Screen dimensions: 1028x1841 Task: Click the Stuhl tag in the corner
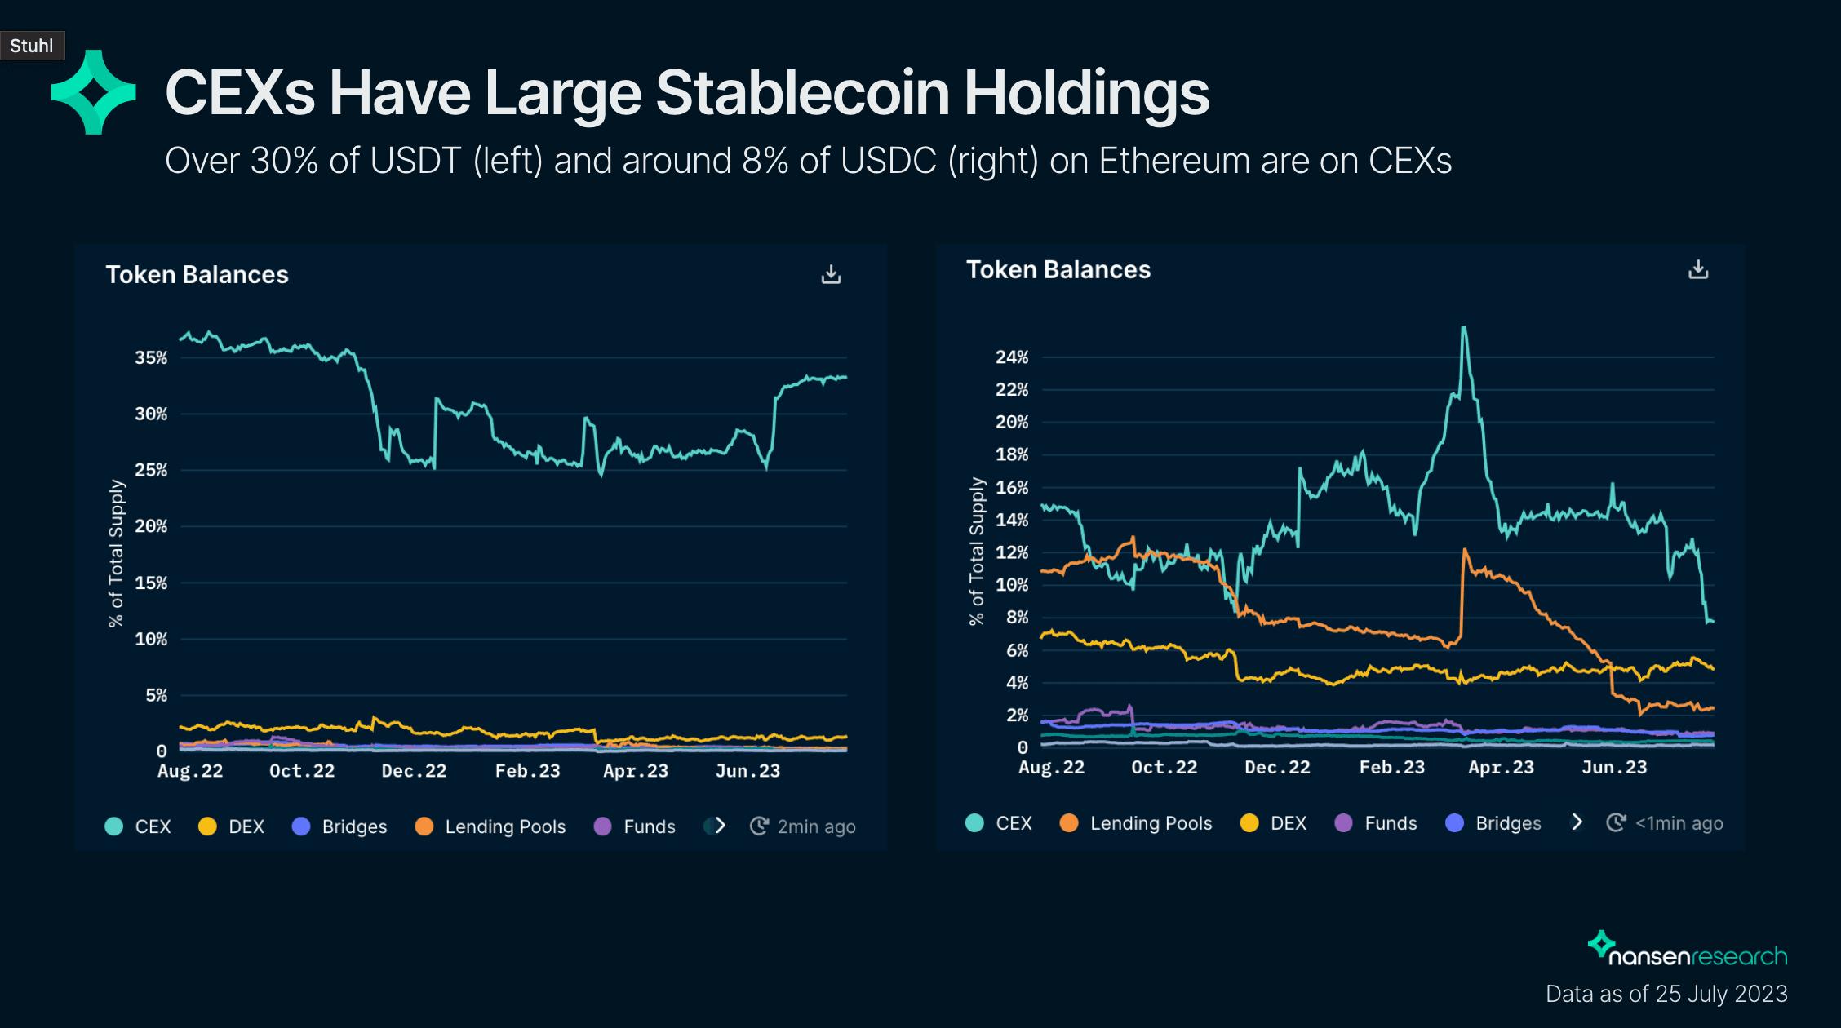click(32, 46)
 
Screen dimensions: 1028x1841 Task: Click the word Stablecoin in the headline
click(802, 93)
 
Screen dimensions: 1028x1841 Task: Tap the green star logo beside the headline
click(93, 92)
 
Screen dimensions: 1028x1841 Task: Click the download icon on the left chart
click(831, 274)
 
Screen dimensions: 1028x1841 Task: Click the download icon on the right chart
click(1698, 269)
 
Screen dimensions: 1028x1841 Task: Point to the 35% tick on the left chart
click(151, 357)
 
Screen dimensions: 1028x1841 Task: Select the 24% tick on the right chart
click(1012, 357)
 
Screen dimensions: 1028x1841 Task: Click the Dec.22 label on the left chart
click(414, 771)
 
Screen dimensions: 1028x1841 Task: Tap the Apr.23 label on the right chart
click(1501, 767)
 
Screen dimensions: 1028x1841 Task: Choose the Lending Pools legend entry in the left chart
click(490, 826)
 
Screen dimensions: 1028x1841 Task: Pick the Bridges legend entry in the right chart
click(1493, 823)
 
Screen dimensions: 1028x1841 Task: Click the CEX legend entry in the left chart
click(139, 826)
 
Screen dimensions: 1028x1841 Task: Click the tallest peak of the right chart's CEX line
click(1464, 328)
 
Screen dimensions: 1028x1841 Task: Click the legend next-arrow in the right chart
click(1577, 822)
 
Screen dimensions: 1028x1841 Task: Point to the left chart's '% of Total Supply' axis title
click(116, 553)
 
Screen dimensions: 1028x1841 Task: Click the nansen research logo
click(1687, 950)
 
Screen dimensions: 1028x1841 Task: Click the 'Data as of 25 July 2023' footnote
click(1666, 994)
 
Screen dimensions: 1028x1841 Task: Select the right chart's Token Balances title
click(1058, 269)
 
